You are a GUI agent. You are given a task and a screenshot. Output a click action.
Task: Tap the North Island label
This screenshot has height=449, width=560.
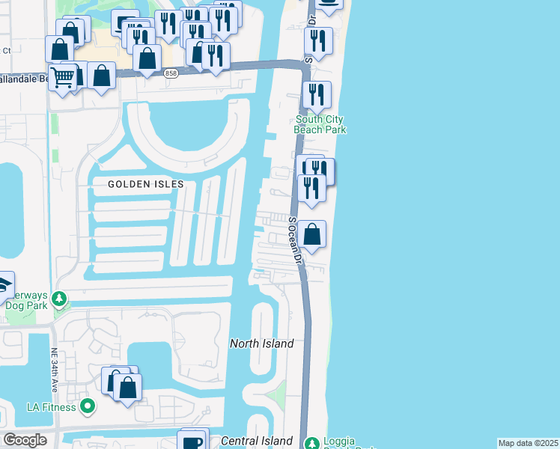(261, 343)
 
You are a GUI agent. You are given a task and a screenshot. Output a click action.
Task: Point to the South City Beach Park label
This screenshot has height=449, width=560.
(320, 124)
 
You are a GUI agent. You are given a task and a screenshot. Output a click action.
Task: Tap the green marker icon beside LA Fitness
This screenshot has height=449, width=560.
(88, 407)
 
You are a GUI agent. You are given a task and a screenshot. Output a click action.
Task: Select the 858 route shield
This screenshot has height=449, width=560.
(171, 74)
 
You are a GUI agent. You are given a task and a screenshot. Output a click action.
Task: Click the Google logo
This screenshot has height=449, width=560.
(24, 440)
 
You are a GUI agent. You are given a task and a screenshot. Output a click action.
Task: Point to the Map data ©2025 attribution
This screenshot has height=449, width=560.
(528, 443)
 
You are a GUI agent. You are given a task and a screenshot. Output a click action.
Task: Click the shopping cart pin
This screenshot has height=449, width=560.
(64, 76)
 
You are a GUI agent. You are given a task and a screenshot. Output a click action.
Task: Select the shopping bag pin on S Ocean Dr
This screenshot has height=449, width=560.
(313, 234)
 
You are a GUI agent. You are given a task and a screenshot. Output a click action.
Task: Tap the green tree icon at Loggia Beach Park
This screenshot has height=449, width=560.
(313, 442)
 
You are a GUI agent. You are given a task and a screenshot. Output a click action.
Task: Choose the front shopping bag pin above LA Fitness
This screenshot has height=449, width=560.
(128, 388)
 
